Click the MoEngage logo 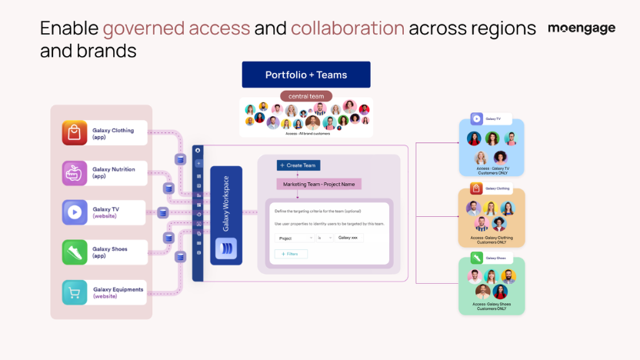582,28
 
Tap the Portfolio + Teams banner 306,75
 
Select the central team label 306,96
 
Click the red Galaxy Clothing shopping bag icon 75,133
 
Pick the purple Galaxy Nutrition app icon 75,172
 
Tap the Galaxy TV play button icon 75,212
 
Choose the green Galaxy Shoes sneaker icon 75,252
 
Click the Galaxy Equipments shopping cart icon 75,292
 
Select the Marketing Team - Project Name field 318,184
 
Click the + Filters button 292,254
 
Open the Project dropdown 293,238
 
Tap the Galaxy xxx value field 349,238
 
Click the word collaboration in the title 348,28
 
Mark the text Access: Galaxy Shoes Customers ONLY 492,306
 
